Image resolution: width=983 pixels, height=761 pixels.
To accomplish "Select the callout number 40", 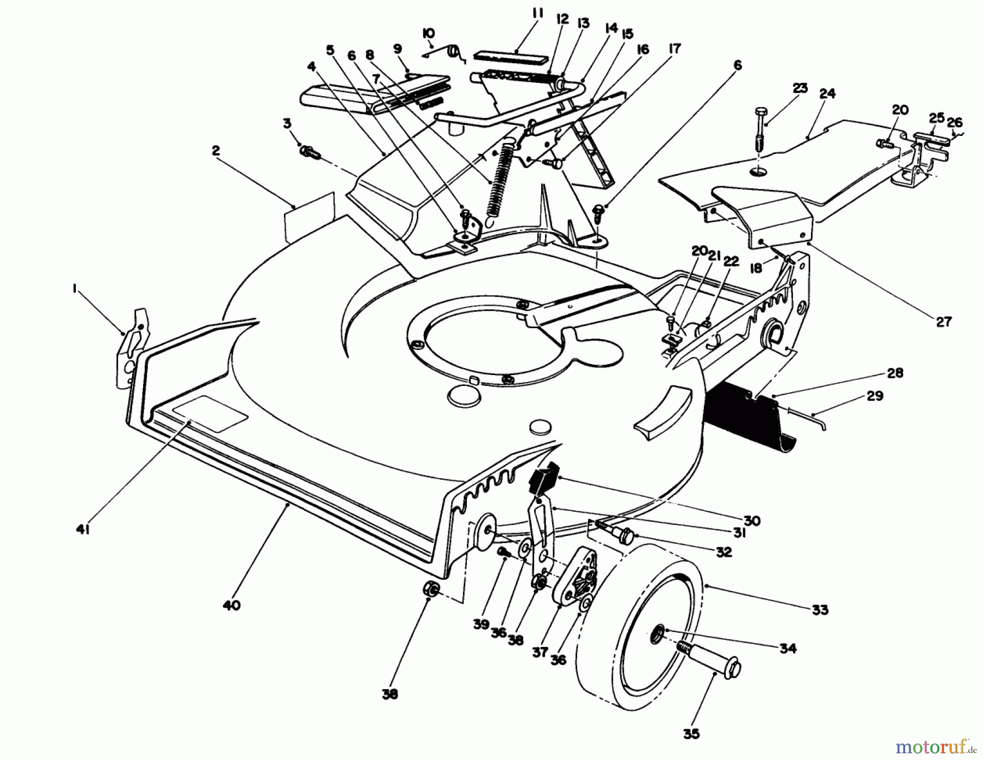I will click(x=232, y=605).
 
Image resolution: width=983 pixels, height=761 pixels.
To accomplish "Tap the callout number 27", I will click(x=943, y=322).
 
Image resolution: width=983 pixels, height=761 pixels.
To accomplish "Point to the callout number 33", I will click(x=819, y=610).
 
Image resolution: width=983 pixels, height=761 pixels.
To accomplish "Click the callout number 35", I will click(x=691, y=734).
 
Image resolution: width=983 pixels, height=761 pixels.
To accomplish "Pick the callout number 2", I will click(x=216, y=151).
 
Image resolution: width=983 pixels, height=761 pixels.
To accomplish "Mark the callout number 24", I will click(x=827, y=94).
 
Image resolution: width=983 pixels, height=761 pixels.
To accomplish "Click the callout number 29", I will click(x=875, y=396).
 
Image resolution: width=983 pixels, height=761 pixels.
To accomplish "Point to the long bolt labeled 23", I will click(x=761, y=131).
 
